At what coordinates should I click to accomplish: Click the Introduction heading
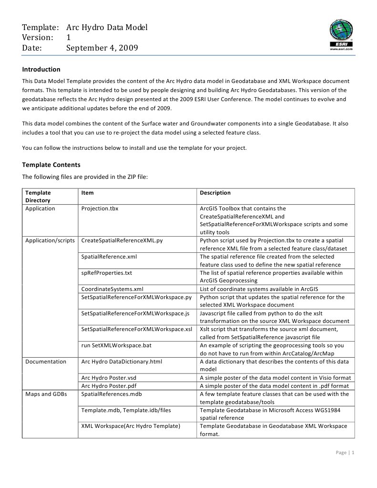coord(41,69)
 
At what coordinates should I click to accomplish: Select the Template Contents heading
coord(51,165)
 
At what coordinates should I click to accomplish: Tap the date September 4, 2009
coord(102,48)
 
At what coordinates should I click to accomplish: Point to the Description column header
coord(215,193)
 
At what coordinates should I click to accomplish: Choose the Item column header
coord(87,193)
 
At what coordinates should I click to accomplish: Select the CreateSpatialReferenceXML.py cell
coord(122,240)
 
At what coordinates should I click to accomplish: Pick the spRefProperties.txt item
coord(107,273)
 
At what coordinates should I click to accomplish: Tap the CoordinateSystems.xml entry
coord(112,289)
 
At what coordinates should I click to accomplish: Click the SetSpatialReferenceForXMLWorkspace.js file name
coord(135,313)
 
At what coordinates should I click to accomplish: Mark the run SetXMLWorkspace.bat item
coord(116,345)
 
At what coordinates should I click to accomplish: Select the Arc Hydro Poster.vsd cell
coord(109,378)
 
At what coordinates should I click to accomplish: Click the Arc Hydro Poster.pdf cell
coord(109,386)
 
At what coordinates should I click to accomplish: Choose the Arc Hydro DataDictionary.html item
coord(122,362)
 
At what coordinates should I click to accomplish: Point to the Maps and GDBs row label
coord(46,394)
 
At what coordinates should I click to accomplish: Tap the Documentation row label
coord(46,362)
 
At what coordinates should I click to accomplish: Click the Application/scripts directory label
coord(50,240)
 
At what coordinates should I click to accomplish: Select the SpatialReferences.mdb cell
coord(112,394)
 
